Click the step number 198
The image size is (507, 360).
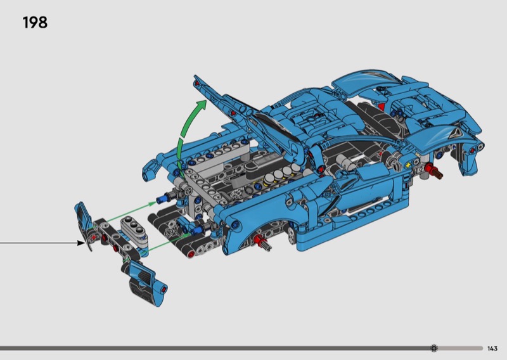(x=35, y=23)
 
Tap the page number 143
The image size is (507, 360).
(x=492, y=349)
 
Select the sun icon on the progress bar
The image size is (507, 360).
(x=434, y=348)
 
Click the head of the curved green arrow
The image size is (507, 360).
(x=201, y=105)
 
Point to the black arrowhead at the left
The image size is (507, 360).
(x=80, y=243)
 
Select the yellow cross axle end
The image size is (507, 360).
(x=408, y=165)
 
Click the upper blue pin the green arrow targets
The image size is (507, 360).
(x=164, y=198)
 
